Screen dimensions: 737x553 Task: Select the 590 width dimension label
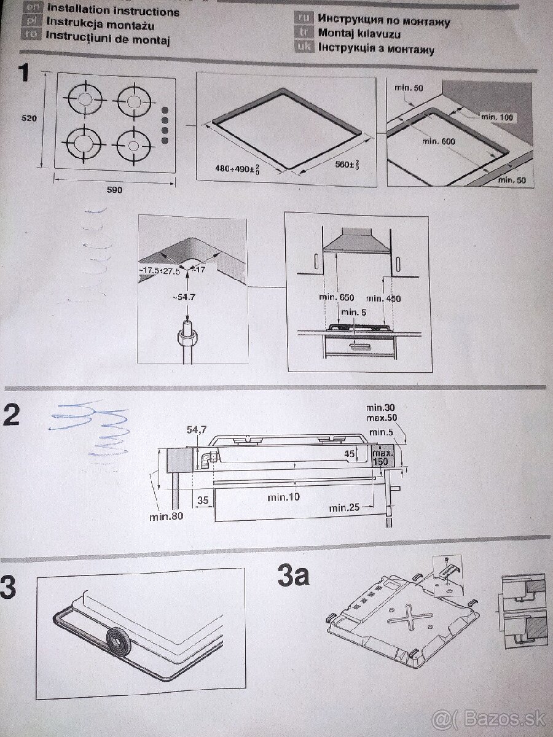(114, 190)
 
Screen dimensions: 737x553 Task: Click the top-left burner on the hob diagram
(86, 100)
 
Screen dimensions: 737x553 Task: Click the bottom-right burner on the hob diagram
(133, 144)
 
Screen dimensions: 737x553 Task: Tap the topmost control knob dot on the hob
(165, 110)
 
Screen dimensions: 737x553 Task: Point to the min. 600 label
(438, 142)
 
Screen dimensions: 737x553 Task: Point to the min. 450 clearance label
(384, 298)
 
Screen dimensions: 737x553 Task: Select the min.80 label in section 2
(167, 516)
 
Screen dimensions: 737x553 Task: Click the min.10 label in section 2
(284, 497)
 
